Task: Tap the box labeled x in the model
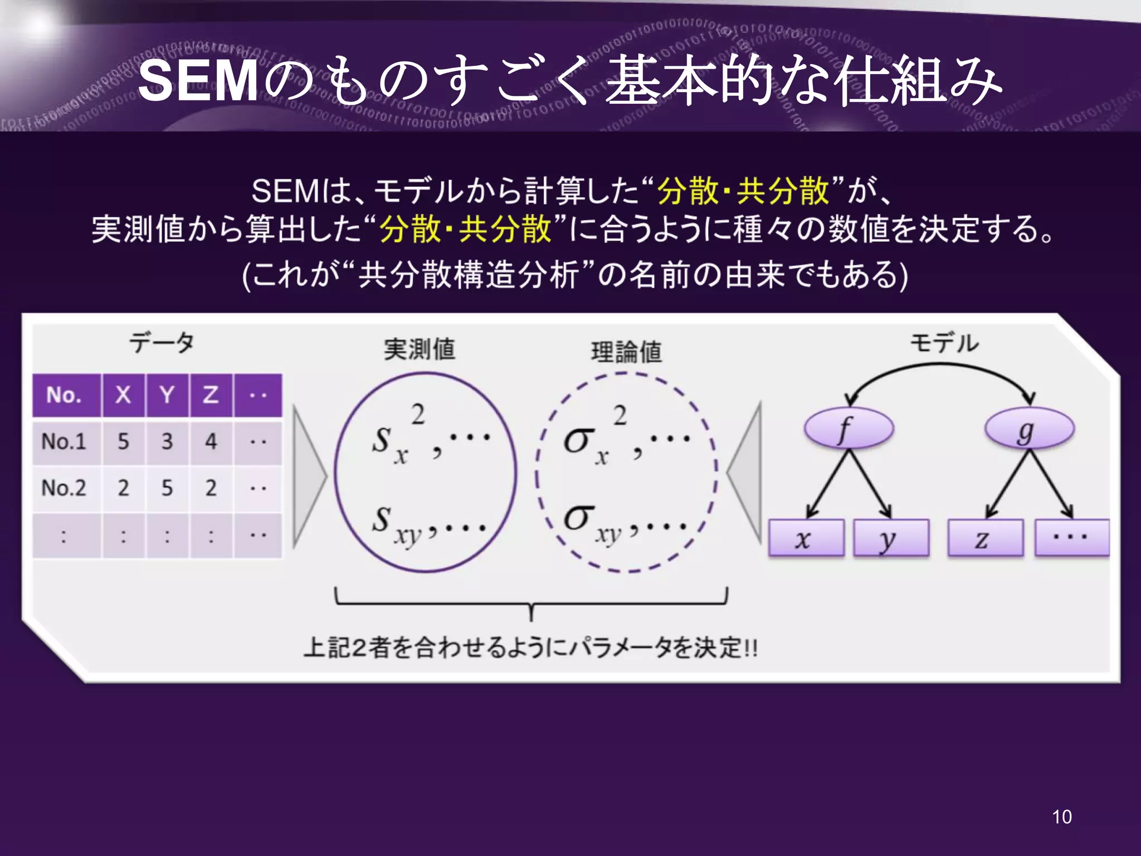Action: (806, 538)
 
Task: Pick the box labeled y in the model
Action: (890, 538)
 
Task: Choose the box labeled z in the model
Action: (985, 538)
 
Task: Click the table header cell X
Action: (123, 395)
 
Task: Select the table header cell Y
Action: (167, 395)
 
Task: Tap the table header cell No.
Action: (65, 395)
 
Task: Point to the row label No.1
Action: (64, 442)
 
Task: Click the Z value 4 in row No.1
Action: (211, 442)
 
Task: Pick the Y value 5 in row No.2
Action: (167, 488)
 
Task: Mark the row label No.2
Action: (64, 488)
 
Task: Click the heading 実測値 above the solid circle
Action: (420, 350)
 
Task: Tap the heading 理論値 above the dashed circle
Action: (626, 352)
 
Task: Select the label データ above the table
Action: (162, 342)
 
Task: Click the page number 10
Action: (1061, 817)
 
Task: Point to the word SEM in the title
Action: (198, 82)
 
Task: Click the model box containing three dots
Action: (1071, 538)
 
